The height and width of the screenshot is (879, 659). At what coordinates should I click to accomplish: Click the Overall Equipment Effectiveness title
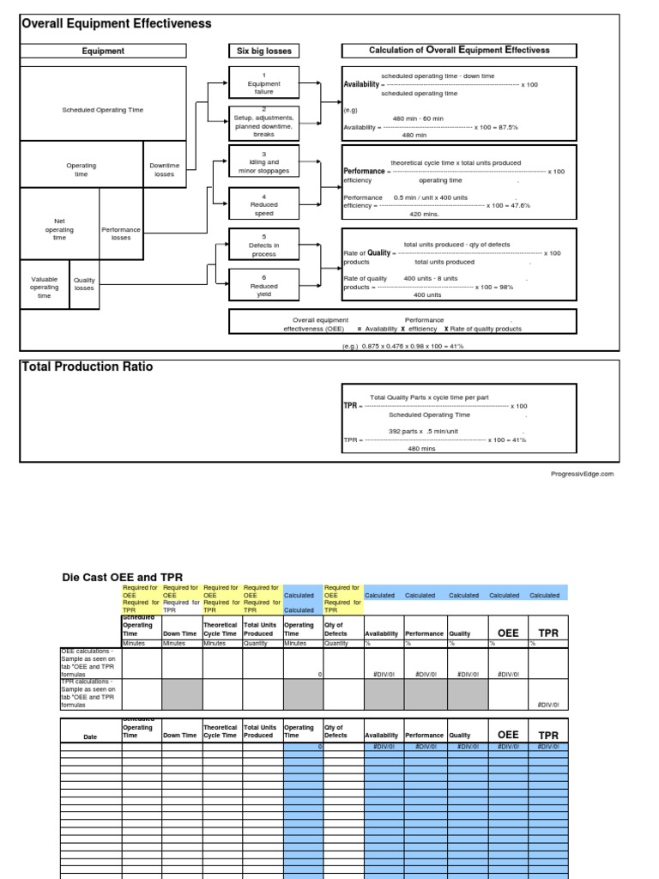(116, 24)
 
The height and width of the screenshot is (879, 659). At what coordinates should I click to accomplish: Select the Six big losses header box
(263, 51)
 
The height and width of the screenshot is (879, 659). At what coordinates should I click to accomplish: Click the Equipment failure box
(263, 83)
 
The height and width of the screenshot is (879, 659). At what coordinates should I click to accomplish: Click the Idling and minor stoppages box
(263, 161)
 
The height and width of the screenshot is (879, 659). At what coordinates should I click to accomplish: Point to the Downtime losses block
(163, 169)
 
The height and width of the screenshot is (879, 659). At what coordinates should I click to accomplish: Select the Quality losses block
(84, 284)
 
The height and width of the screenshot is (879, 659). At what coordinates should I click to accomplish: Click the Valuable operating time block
(44, 288)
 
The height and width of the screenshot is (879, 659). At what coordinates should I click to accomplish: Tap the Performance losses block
(121, 233)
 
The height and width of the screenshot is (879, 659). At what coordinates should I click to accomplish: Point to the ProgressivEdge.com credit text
(582, 473)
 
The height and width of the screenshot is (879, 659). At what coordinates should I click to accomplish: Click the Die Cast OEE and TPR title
(122, 577)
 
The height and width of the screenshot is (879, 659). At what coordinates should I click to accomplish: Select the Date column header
(90, 736)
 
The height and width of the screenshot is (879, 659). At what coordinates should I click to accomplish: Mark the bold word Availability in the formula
(360, 85)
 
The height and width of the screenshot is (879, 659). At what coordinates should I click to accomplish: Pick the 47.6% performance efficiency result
(517, 205)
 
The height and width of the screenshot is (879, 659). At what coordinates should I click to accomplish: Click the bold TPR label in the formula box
(350, 405)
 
